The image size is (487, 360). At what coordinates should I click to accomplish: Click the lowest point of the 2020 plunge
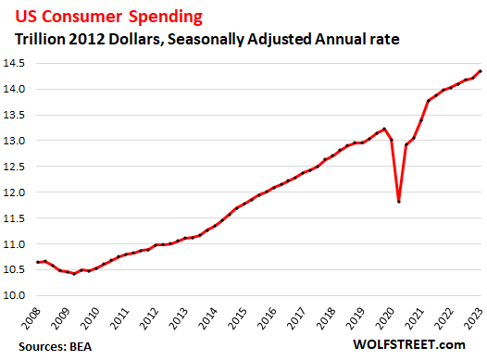coord(399,201)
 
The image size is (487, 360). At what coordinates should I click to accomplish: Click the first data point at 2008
coord(38,262)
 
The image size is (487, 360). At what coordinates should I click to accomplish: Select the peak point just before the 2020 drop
coord(384,129)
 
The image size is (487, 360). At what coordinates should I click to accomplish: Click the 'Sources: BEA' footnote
coord(46,346)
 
